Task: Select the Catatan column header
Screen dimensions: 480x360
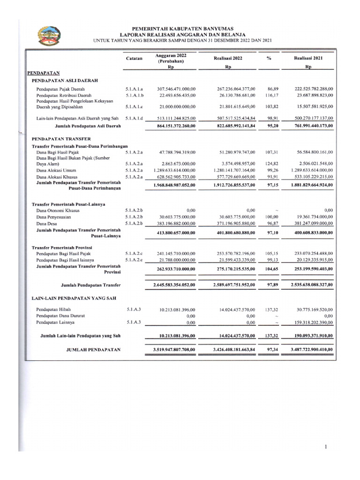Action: point(135,58)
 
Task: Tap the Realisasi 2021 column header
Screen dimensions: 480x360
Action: point(308,58)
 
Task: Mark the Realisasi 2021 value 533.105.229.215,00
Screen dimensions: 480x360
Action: point(308,177)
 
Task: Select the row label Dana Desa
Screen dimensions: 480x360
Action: point(47,225)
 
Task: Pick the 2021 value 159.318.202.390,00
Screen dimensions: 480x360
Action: point(308,323)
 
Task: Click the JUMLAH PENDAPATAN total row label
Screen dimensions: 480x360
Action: point(93,350)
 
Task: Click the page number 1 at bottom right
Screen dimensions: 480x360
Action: point(325,448)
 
